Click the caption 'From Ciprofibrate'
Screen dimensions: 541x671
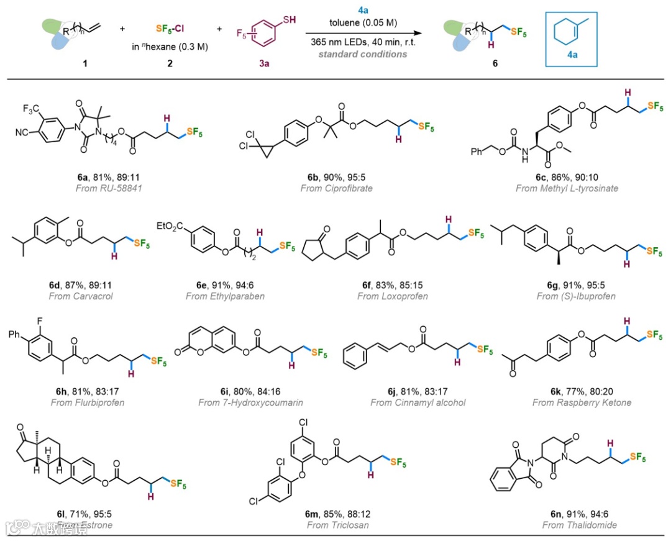tap(336, 188)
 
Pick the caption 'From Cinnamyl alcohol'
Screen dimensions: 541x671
tap(418, 402)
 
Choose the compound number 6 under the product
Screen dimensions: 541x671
tap(495, 63)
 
